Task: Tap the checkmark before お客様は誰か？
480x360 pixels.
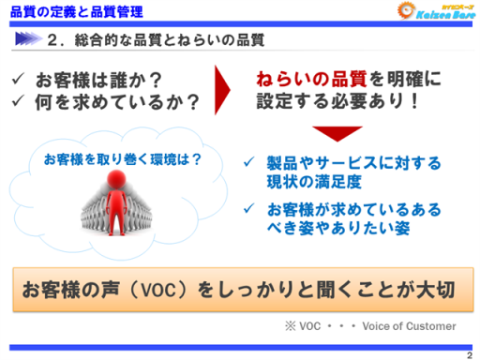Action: pyautogui.click(x=20, y=80)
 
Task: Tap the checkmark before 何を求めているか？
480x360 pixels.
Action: pyautogui.click(x=20, y=100)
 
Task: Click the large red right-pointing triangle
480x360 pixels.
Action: pyautogui.click(x=221, y=90)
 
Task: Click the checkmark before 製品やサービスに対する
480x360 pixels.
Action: pyautogui.click(x=249, y=163)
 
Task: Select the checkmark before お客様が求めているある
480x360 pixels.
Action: pyautogui.click(x=249, y=207)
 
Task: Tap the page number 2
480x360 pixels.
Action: pyautogui.click(x=468, y=354)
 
